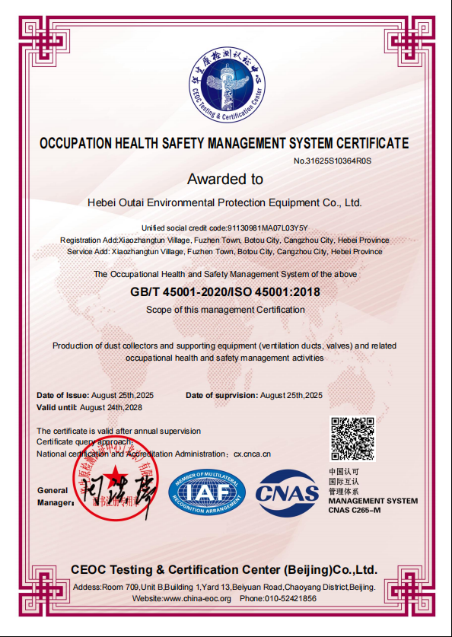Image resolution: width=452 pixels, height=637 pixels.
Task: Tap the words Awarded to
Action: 225,180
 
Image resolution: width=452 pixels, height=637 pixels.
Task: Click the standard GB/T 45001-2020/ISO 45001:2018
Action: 225,291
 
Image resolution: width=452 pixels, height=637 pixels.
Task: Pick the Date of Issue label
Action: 63,395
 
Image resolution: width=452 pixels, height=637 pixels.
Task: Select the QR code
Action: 352,438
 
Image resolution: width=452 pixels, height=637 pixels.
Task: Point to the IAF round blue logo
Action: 206,491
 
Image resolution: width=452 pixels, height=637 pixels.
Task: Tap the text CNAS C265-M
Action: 360,510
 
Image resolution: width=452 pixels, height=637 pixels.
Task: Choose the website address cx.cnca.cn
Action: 252,454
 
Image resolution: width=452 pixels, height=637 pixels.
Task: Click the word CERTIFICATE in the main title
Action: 364,143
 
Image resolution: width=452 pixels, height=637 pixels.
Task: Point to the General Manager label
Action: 53,496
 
